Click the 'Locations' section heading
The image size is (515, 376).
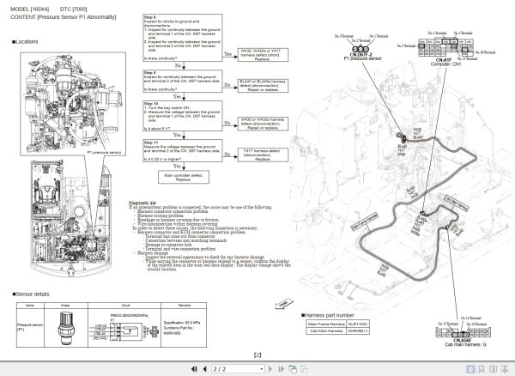coord(27,41)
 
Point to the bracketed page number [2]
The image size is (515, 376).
coord(257,355)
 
